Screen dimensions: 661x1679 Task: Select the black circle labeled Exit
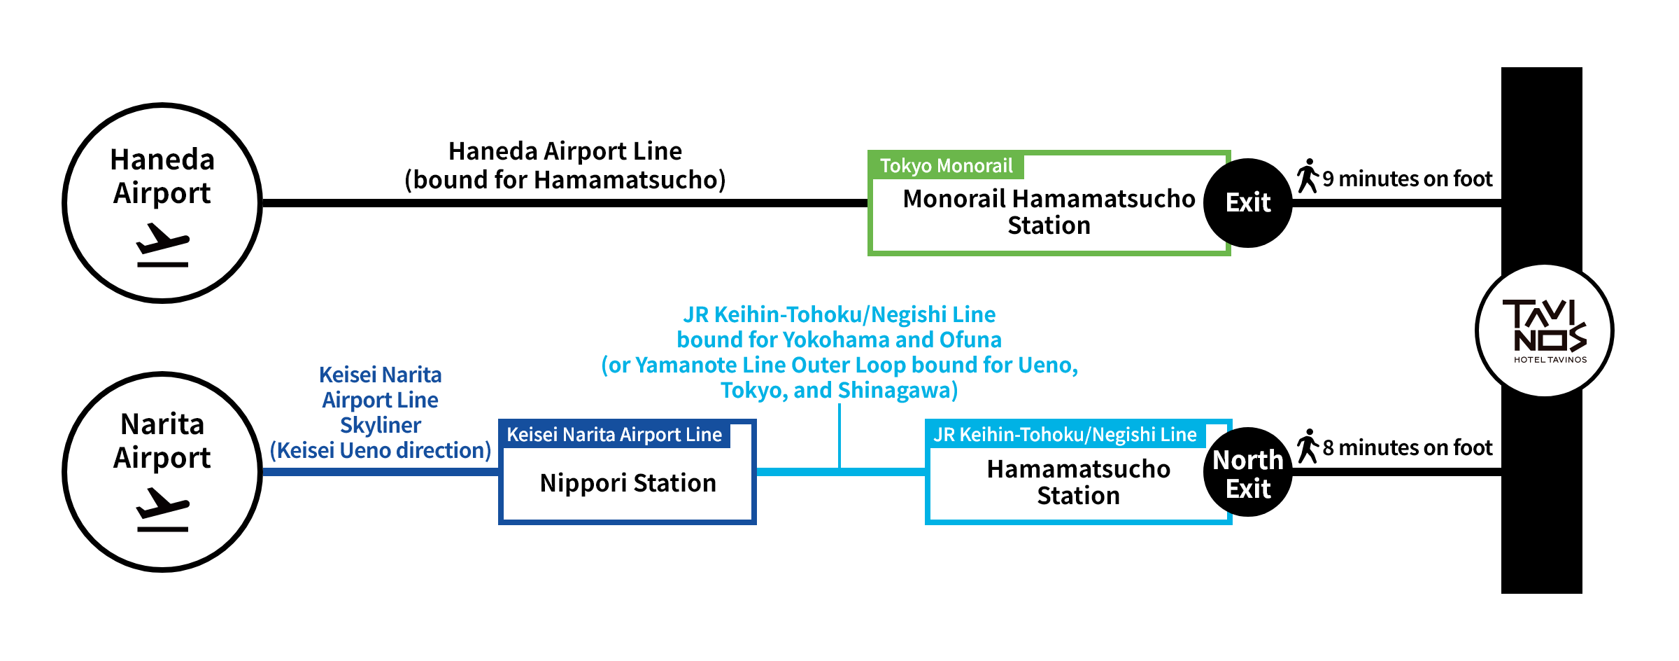coord(1248,203)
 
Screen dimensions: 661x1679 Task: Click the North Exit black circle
coord(1248,473)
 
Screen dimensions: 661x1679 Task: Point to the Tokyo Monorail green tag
coord(946,166)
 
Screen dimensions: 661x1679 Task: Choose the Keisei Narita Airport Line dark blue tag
coord(614,435)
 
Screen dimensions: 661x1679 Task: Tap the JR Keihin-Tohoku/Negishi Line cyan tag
coord(1065,435)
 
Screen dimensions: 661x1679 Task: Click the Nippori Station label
coord(628,483)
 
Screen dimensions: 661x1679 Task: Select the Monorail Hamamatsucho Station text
coord(1049,212)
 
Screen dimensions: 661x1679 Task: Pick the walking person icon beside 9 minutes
coord(1308,176)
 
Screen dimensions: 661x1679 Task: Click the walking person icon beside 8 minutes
coord(1308,446)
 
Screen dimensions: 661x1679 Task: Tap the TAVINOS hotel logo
coord(1545,330)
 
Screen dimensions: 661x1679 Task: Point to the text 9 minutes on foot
coord(1408,179)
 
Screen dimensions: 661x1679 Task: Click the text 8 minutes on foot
coord(1408,448)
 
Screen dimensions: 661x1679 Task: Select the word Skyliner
coord(381,426)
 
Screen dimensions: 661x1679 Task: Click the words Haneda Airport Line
coord(565,151)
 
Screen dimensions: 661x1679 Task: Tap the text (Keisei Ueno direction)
coord(381,451)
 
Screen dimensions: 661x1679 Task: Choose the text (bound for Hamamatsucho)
coord(565,180)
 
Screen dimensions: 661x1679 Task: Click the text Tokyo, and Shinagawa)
coord(839,390)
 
